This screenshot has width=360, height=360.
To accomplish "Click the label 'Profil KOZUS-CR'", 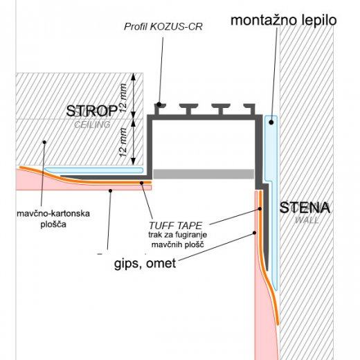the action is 163,27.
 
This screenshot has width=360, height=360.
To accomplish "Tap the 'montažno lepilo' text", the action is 284,20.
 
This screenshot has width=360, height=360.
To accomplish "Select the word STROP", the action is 92,111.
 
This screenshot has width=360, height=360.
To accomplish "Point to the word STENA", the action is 305,208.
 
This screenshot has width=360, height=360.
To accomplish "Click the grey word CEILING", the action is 92,125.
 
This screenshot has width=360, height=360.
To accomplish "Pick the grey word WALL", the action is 307,220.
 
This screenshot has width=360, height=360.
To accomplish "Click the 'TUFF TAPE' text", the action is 175,226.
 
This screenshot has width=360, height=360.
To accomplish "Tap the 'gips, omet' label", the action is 145,263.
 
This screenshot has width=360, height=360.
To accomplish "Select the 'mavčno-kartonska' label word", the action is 53,214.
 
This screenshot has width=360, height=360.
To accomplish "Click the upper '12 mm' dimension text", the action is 123,98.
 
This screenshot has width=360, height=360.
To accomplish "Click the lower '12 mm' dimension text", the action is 123,143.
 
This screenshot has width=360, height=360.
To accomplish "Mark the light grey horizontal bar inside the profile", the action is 204,174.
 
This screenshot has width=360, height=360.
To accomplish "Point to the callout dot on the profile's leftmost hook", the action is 159,105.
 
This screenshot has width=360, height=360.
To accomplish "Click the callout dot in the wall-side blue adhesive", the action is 271,123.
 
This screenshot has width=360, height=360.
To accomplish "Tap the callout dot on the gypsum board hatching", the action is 44,142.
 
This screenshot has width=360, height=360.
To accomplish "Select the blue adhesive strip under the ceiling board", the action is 93,170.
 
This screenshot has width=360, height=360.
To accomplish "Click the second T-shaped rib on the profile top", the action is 188,109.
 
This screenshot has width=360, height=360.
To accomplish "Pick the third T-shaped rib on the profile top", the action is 221,109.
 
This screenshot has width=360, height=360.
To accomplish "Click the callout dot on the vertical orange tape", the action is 260,208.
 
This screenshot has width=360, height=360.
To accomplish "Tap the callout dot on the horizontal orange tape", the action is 142,183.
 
